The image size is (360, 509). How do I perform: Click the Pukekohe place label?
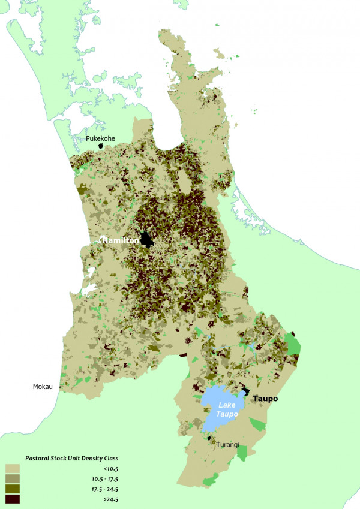(100, 138)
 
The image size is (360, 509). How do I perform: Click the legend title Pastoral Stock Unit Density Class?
(72, 458)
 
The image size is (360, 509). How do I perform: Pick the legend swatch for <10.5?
(13, 468)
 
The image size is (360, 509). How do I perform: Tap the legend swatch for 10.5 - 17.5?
(13, 478)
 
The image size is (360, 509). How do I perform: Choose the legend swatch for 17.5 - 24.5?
(13, 489)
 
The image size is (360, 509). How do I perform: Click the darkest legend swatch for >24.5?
(13, 499)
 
